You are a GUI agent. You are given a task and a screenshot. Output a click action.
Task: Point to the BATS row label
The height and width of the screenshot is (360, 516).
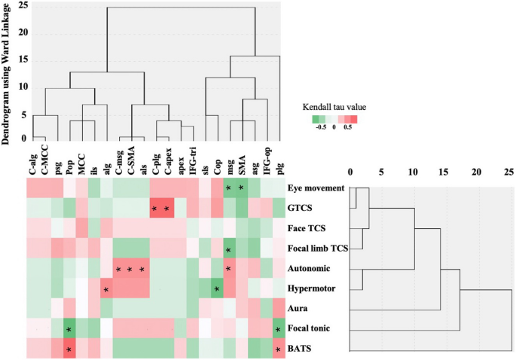[301, 349]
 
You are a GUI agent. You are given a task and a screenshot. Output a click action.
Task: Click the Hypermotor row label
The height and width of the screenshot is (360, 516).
[312, 288]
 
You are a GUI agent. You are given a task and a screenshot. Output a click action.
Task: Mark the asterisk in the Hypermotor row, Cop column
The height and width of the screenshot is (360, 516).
[216, 288]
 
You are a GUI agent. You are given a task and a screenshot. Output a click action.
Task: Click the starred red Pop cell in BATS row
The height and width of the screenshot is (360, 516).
[69, 350]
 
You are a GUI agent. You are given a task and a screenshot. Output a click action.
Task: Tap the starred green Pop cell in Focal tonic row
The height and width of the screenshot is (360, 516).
[69, 330]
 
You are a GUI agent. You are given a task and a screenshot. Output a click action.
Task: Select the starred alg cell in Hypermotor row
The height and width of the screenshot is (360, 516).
[106, 288]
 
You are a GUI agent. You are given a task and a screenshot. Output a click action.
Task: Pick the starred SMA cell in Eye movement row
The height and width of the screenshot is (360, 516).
[241, 187]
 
